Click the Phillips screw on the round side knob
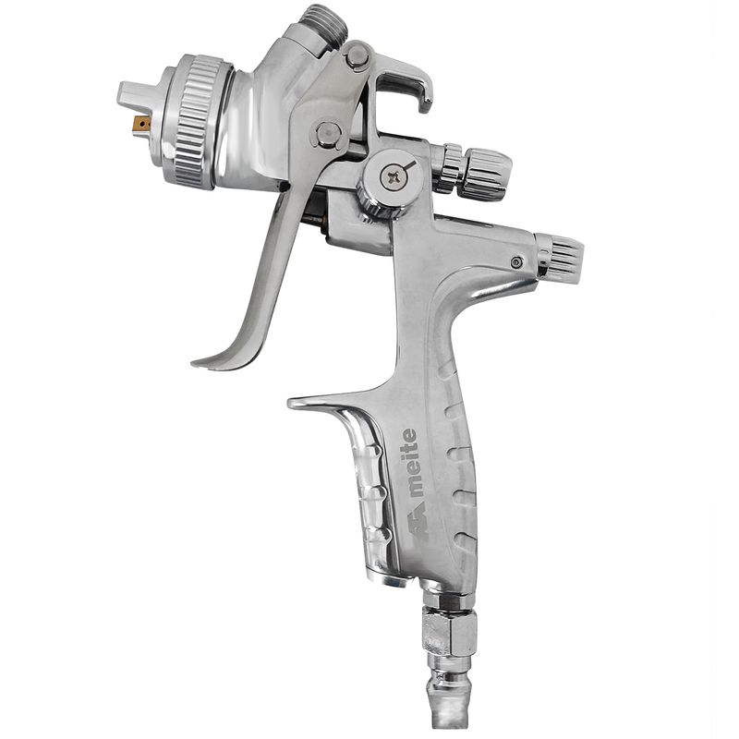[394, 177]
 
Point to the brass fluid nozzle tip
[141, 124]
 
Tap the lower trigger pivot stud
[328, 134]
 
